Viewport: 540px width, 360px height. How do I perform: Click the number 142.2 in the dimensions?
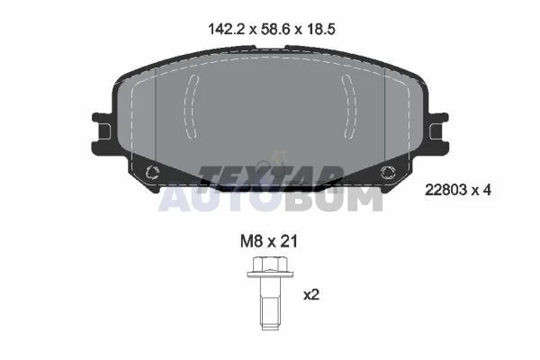pos(226,30)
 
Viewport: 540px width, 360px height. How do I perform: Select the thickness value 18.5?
pos(320,30)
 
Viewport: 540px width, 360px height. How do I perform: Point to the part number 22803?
pos(446,190)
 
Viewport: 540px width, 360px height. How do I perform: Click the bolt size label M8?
pos(252,241)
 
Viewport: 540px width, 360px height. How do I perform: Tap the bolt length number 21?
pos(289,241)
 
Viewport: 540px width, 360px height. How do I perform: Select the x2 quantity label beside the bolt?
pos(311,295)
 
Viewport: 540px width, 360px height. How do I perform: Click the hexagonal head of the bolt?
pos(270,265)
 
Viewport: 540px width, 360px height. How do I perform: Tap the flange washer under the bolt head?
pos(270,274)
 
